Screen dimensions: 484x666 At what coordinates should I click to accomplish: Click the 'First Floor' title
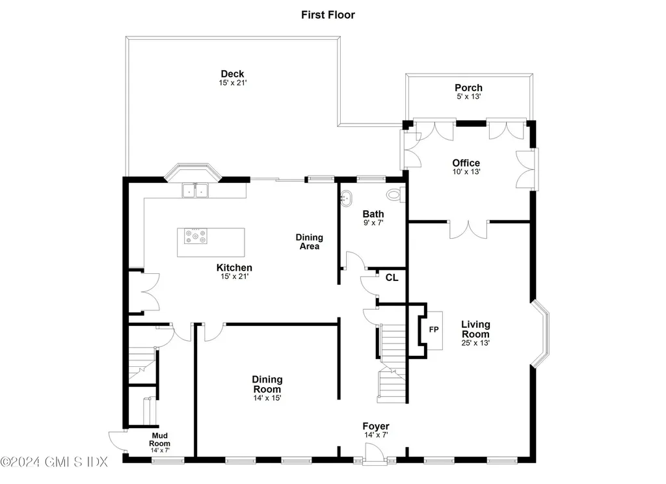[x=328, y=14]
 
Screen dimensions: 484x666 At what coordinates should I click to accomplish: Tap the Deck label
[x=232, y=74]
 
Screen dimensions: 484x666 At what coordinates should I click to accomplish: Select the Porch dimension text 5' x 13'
[x=468, y=97]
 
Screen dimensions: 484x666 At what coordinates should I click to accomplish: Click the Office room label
[x=466, y=163]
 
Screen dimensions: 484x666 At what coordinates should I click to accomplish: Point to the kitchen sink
[x=194, y=190]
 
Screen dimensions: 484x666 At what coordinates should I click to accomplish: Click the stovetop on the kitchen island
[x=196, y=236]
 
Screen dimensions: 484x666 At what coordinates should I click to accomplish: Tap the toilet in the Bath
[x=395, y=194]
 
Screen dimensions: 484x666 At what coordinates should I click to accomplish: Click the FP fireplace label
[x=433, y=329]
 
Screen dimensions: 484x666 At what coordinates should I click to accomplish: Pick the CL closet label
[x=392, y=277]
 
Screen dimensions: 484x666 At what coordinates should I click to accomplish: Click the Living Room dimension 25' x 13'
[x=475, y=342]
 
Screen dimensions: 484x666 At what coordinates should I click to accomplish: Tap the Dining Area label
[x=310, y=241]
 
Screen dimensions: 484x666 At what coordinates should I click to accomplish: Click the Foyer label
[x=376, y=426]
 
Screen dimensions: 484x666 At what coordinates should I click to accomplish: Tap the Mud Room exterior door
[x=117, y=443]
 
